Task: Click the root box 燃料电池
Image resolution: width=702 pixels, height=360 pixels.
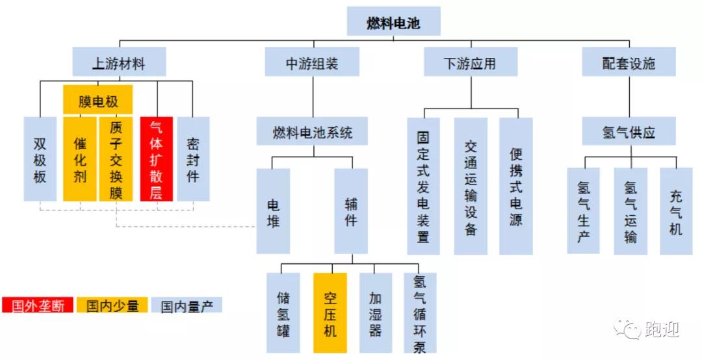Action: pos(394,22)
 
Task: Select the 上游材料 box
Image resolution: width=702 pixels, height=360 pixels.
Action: pos(119,63)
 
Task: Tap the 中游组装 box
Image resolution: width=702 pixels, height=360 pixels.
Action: pos(312,63)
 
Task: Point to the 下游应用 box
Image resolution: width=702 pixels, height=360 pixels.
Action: pos(471,63)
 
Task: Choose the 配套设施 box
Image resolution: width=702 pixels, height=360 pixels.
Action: pos(629,63)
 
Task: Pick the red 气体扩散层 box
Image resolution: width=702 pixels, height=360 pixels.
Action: pos(157,159)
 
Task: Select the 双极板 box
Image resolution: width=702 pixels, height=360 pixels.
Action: pos(40,159)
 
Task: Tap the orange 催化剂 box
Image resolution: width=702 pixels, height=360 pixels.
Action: pos(80,159)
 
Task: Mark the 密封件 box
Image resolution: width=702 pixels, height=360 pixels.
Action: pos(193,159)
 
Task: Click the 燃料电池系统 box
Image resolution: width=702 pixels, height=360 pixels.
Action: pos(312,132)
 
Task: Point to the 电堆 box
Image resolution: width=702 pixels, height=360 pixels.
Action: pos(273,211)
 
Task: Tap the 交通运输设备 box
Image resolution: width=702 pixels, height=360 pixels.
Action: pos(471,186)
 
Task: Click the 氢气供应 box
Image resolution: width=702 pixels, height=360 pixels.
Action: pos(629,132)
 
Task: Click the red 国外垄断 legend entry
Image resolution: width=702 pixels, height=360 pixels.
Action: pos(38,305)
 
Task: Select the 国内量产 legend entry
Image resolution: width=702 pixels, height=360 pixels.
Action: pos(187,305)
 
